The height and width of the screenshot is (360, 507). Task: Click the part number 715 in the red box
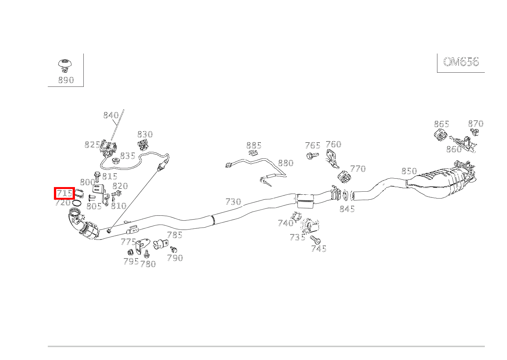tap(64, 193)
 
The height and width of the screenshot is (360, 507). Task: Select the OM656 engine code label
tap(461, 62)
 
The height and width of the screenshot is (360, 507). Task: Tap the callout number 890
tap(66, 80)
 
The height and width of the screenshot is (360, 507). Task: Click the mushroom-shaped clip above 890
tap(65, 65)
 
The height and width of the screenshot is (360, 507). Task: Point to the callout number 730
tap(233, 201)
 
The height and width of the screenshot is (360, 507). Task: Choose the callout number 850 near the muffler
tap(409, 171)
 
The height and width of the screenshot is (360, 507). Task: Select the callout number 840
tap(111, 115)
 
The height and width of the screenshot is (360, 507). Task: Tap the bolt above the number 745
tap(315, 240)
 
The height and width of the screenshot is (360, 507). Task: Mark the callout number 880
tap(286, 163)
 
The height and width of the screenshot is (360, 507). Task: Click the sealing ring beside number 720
tap(77, 202)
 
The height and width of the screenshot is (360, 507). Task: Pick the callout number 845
tap(347, 209)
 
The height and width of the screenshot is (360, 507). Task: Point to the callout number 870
tap(476, 124)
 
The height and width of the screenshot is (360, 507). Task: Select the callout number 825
tap(92, 145)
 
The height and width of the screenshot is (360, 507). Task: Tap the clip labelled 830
tap(143, 145)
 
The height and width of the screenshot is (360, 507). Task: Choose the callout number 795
tap(131, 261)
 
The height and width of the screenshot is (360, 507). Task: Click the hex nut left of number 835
tap(115, 160)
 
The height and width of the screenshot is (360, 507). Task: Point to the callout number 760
tap(333, 144)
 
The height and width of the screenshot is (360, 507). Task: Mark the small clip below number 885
tap(253, 153)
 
